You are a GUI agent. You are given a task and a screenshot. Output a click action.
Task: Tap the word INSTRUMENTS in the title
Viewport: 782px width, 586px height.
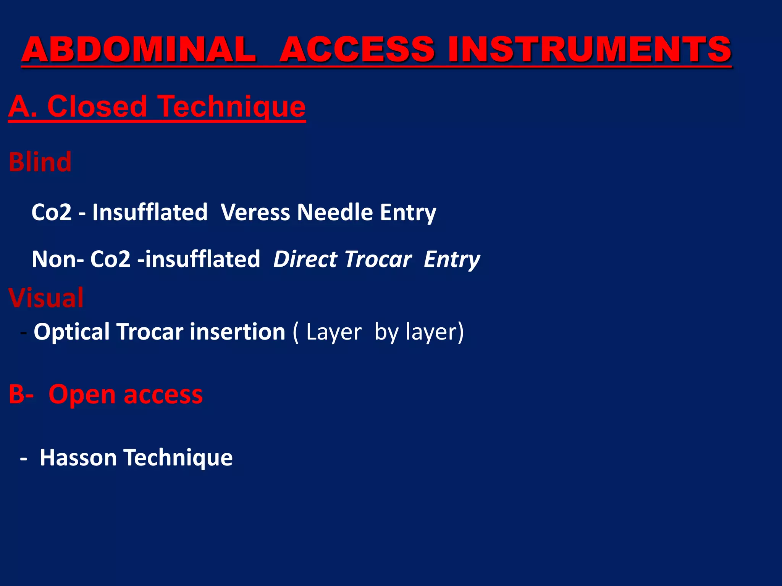pyautogui.click(x=590, y=50)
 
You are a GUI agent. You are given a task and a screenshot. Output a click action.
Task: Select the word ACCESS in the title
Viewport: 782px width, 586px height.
pyautogui.click(x=357, y=50)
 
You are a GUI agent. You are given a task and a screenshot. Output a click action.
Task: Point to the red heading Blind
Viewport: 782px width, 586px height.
pyautogui.click(x=40, y=162)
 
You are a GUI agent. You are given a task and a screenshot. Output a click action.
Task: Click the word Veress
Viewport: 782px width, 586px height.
pyautogui.click(x=255, y=212)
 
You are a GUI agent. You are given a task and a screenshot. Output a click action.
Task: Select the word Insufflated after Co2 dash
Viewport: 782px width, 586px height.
pyautogui.click(x=150, y=212)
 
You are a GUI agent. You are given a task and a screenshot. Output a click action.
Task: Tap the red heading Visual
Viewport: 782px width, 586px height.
pyautogui.click(x=46, y=298)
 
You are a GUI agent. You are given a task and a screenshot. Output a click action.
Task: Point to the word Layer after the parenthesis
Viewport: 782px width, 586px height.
pyautogui.click(x=333, y=332)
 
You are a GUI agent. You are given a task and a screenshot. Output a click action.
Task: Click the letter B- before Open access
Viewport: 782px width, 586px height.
pyautogui.click(x=21, y=394)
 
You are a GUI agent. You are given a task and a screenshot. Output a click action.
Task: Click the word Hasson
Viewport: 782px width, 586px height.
pyautogui.click(x=78, y=457)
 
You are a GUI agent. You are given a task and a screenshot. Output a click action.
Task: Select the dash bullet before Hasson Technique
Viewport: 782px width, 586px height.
pyautogui.click(x=24, y=458)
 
